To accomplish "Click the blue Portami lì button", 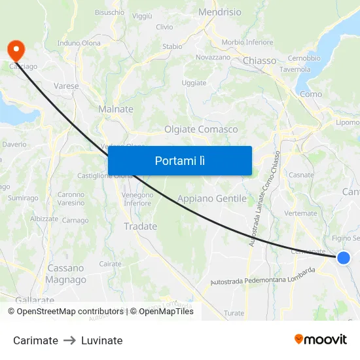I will pos(180,160).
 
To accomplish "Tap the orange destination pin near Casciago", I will pos(14,50).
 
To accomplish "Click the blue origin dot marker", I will pos(343,258).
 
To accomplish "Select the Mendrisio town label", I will pos(219,12).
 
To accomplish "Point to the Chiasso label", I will pos(259,60).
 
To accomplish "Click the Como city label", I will pos(311,94).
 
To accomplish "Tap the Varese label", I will pos(66,86).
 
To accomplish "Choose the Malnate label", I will pos(115,109).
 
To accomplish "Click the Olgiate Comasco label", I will pos(201,129).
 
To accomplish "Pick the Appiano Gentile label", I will pos(212,198).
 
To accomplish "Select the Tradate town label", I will pos(140,226).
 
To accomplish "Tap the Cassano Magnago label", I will pos(65,274).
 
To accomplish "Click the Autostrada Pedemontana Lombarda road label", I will pos(262,277).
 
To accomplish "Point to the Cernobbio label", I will pos(304,58).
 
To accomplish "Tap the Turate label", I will pos(234,314).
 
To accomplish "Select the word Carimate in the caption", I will pos(35,340).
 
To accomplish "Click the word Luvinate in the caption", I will pos(101,340).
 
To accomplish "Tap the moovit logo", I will pos(320,339).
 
